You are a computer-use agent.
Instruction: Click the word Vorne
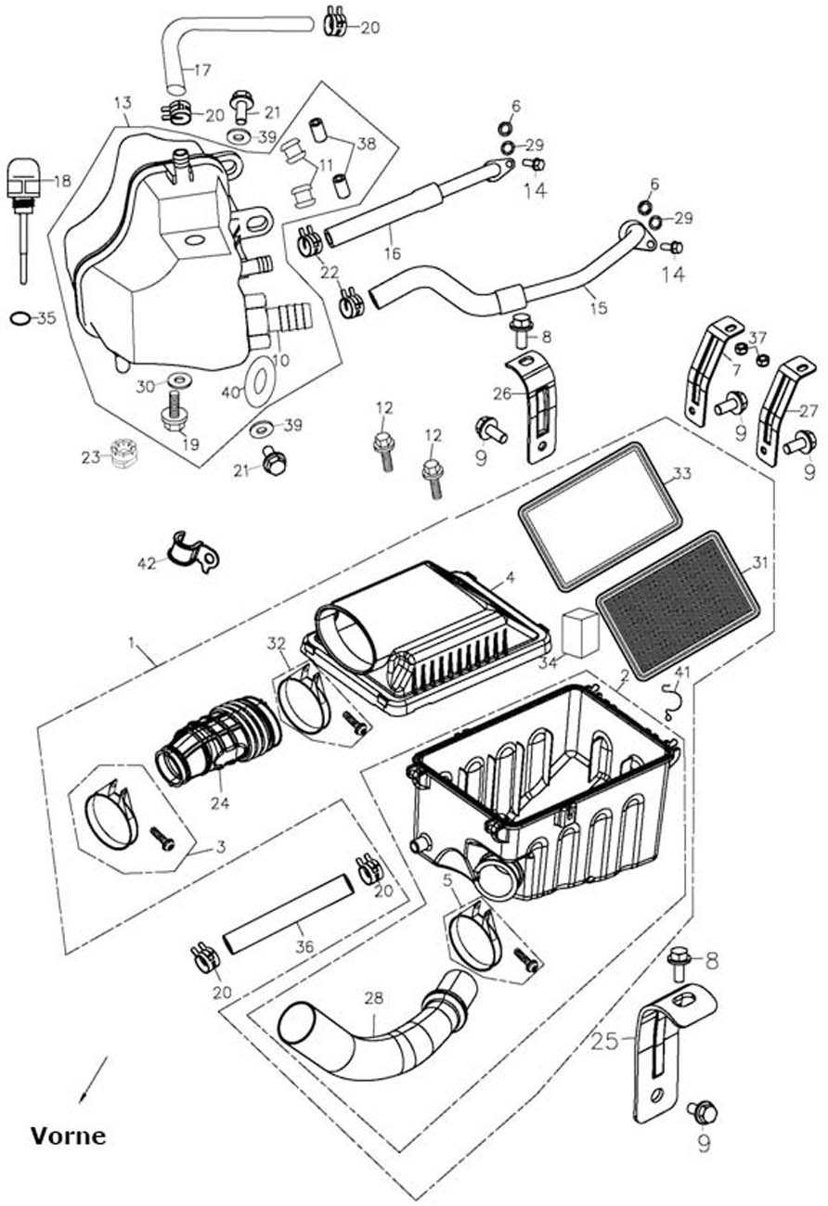(68, 1135)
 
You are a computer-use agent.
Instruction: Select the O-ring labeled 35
(19, 319)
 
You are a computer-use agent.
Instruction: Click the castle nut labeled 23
(120, 454)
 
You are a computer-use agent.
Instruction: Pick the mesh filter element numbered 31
(679, 603)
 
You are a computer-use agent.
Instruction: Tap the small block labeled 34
(580, 633)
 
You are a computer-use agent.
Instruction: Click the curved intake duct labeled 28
(371, 1030)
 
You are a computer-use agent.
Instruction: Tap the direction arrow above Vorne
(94, 1078)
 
